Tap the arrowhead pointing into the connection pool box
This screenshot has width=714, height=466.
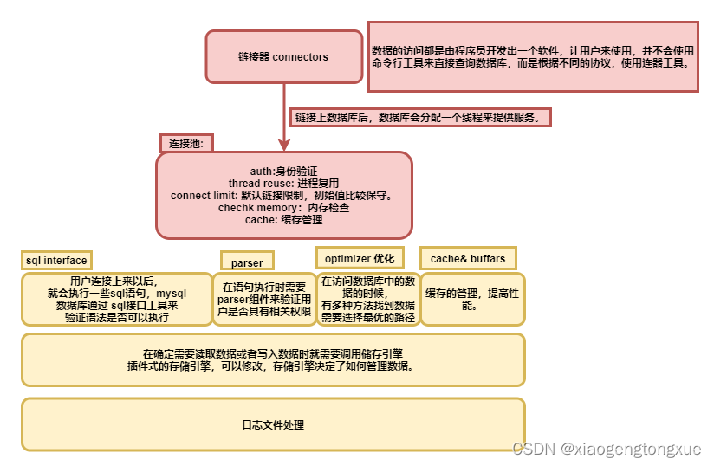[283, 145]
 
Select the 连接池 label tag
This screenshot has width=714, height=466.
[186, 143]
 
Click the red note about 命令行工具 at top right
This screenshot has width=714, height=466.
[533, 56]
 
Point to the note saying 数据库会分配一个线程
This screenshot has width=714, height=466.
[421, 117]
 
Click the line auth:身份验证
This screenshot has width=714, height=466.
[283, 172]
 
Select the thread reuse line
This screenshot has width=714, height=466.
[283, 184]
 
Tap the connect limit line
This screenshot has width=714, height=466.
[283, 196]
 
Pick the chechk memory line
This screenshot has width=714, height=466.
[283, 208]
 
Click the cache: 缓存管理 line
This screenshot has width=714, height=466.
[283, 220]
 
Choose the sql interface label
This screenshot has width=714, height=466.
[56, 260]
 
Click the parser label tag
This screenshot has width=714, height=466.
[247, 262]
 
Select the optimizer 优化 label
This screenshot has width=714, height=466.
[359, 258]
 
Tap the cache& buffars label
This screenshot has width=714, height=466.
[468, 258]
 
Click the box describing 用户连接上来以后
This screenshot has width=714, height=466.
[117, 299]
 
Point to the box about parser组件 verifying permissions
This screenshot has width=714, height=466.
[264, 299]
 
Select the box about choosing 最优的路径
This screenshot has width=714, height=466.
[368, 299]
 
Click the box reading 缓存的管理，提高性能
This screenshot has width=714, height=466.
[473, 299]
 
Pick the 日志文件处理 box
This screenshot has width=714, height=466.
[273, 424]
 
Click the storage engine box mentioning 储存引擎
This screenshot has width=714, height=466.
[273, 359]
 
